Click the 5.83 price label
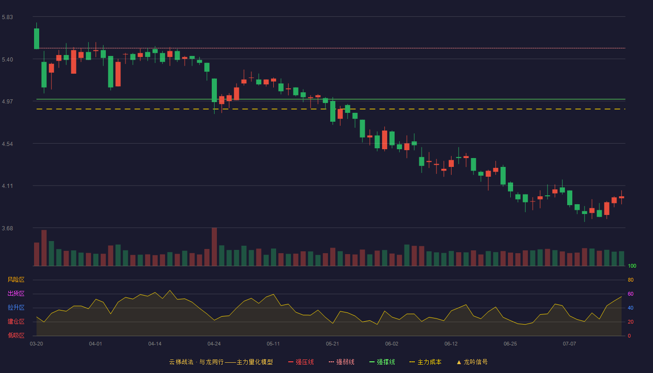7,17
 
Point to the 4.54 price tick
7,144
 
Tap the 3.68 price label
7,228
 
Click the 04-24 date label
214,344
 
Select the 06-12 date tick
451,344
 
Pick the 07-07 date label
570,344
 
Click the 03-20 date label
36,344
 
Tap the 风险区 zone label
16,280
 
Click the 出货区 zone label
16,293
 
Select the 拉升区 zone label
16,307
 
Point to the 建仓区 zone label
16,321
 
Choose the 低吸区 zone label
16,335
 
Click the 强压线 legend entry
301,362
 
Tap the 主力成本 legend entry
425,362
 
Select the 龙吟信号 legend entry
472,362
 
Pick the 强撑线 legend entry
382,362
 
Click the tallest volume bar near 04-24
214,247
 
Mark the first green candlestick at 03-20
36,38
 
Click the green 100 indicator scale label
632,266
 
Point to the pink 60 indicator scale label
631,294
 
